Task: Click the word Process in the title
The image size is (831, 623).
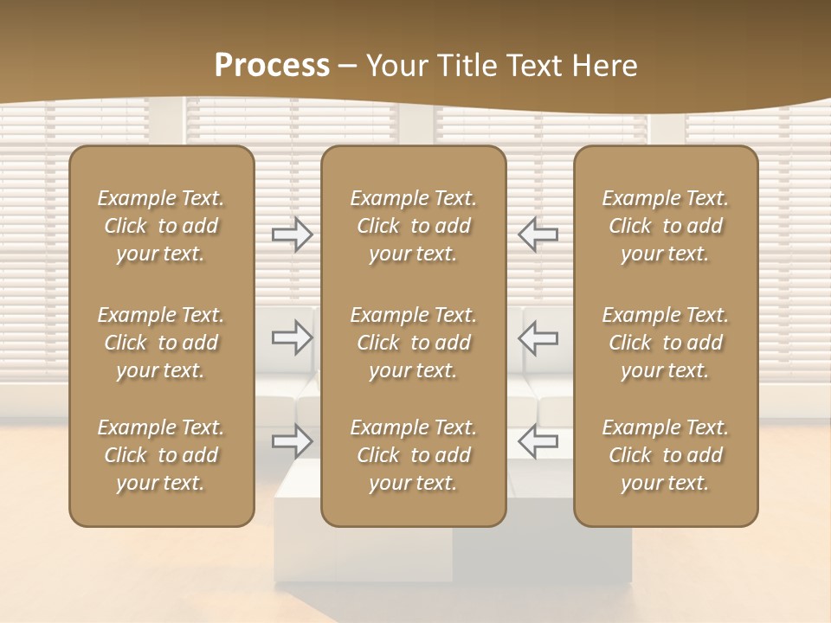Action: point(272,66)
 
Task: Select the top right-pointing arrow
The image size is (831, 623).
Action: point(292,234)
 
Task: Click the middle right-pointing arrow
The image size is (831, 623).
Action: point(292,337)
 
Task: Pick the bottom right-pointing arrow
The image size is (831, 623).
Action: point(292,441)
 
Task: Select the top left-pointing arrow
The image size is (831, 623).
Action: point(538,234)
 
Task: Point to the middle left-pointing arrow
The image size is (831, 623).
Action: point(538,337)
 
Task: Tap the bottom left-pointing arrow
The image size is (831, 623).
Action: point(538,441)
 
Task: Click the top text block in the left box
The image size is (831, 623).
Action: point(161,226)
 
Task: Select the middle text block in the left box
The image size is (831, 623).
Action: point(161,343)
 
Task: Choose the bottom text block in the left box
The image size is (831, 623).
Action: point(161,455)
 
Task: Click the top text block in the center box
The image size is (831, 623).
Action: point(413,226)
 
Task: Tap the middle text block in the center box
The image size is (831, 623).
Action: point(413,343)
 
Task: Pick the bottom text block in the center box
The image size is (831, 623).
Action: point(413,455)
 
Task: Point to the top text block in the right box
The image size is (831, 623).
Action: point(665,226)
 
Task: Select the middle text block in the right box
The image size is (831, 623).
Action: point(665,343)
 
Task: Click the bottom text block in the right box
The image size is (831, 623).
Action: point(665,455)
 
